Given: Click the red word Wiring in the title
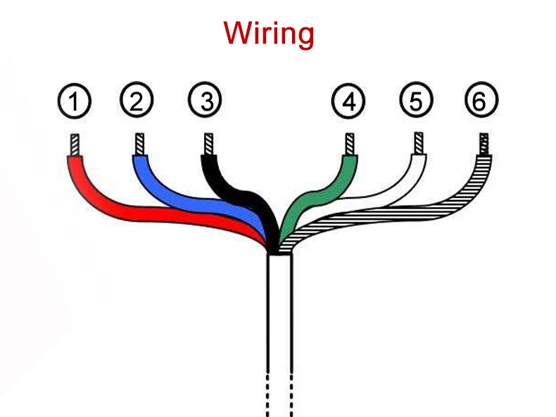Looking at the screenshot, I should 268,34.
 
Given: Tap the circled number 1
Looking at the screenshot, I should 73,101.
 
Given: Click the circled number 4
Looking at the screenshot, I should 348,101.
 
